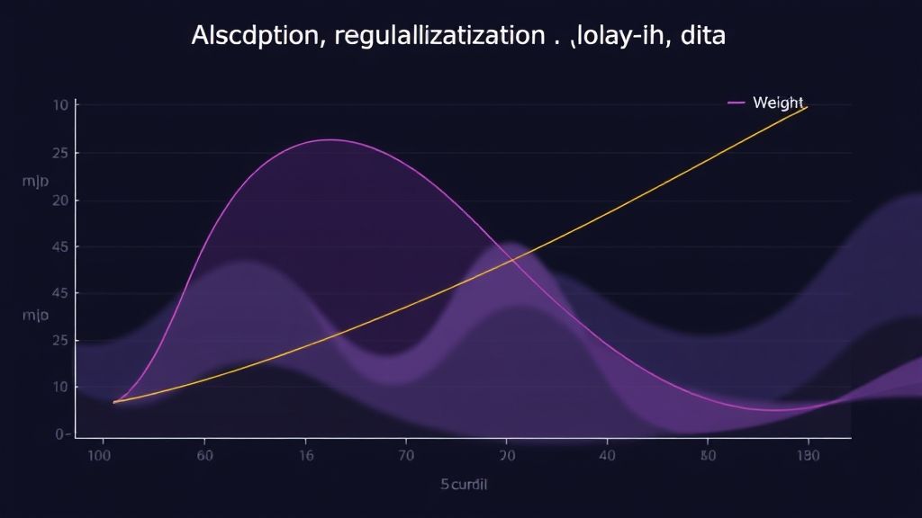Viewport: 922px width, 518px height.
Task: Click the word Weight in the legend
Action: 778,103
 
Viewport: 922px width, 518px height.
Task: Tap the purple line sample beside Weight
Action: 736,103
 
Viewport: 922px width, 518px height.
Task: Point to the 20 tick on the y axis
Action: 62,201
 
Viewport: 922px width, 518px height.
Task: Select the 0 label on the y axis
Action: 61,434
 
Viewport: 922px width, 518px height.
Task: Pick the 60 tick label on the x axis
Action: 206,456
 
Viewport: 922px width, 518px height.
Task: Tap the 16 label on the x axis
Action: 306,456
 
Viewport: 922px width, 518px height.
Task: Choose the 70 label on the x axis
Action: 406,456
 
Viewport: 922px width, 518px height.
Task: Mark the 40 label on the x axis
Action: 607,456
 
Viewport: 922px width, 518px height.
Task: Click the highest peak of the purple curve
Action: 330,139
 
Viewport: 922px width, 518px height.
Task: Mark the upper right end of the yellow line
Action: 807,107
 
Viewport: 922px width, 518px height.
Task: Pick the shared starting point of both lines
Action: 114,402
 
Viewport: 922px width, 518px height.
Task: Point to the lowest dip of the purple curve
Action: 774,410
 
